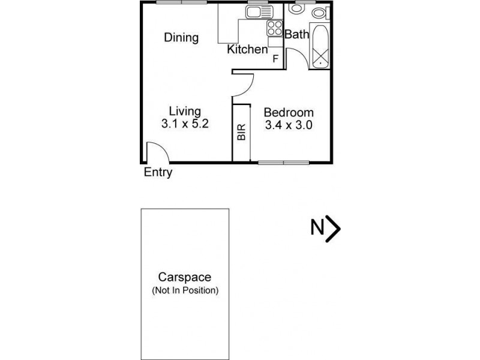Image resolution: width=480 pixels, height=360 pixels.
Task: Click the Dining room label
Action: pyautogui.click(x=181, y=38)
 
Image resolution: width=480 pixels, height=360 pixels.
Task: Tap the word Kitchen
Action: pyautogui.click(x=247, y=49)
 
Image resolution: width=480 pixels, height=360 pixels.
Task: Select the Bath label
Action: pyautogui.click(x=296, y=34)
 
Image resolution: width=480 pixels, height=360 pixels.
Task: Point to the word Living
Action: pyautogui.click(x=184, y=111)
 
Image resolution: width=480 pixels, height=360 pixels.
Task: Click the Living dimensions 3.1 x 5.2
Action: pyautogui.click(x=184, y=125)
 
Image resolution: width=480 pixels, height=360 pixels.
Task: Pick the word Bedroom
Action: pyautogui.click(x=289, y=112)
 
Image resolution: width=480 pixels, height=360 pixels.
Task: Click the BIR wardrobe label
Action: pyautogui.click(x=242, y=133)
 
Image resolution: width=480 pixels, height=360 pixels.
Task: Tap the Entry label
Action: pyautogui.click(x=158, y=173)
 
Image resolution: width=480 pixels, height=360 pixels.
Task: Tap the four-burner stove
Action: pyautogui.click(x=275, y=28)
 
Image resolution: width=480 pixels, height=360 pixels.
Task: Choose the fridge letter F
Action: pyautogui.click(x=275, y=58)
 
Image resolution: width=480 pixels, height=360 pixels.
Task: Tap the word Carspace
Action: pyautogui.click(x=184, y=277)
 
